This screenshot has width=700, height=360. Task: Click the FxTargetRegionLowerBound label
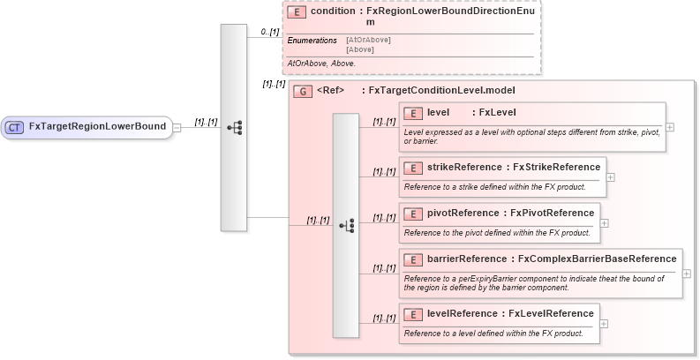point(97,127)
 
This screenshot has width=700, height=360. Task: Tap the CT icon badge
point(15,127)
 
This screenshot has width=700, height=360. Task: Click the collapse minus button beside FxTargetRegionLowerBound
point(177,127)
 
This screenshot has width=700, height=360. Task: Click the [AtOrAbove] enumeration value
point(368,40)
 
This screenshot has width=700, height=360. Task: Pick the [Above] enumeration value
point(360,49)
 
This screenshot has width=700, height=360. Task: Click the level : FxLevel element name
point(471,113)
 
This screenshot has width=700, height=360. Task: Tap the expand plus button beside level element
point(671,127)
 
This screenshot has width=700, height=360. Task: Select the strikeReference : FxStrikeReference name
point(513,167)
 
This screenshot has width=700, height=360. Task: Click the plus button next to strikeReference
point(611,177)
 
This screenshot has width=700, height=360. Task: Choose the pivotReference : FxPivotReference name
point(510,213)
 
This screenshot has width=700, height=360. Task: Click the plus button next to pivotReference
point(605,223)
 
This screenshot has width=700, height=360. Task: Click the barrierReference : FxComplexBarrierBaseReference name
point(552,259)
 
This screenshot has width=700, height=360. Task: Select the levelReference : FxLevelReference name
point(510,313)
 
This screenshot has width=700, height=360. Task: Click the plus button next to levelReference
point(605,324)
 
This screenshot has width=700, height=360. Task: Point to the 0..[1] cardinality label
point(270,33)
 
